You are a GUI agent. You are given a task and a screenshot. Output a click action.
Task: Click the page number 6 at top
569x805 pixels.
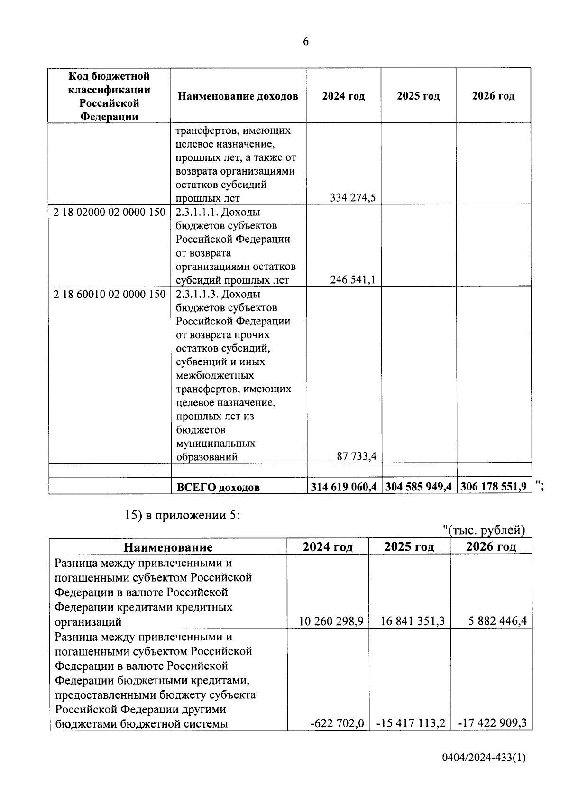305,42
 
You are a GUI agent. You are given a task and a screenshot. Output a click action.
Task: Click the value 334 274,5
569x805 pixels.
353,198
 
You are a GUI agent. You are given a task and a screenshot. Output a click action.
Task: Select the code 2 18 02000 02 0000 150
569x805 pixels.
110,212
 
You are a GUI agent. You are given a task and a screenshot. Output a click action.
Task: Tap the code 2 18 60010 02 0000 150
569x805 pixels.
110,294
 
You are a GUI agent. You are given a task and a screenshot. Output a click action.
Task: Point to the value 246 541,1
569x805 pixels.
353,280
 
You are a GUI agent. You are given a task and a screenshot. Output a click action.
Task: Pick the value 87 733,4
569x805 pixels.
356,457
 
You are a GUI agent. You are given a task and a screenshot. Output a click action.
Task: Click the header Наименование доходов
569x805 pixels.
238,96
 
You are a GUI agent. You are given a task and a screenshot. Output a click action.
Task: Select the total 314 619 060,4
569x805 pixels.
344,487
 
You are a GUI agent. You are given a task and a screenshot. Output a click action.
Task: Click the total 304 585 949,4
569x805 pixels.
419,487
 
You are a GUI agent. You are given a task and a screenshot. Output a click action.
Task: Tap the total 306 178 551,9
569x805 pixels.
493,487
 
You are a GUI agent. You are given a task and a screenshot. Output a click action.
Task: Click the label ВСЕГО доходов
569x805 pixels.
218,487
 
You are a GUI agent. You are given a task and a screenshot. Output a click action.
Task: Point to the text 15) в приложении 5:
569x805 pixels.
183,515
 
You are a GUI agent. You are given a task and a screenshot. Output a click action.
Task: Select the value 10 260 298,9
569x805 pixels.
331,621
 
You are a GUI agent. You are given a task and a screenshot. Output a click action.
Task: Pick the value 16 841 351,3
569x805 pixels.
413,621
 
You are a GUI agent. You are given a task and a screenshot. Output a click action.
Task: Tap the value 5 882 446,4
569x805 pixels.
497,621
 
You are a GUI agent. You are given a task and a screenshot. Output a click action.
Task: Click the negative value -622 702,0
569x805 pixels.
337,723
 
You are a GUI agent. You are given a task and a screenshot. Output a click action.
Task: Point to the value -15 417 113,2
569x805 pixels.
411,723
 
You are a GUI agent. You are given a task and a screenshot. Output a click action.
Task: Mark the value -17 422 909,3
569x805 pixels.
493,723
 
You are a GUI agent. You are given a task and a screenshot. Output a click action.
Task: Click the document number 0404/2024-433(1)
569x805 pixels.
484,772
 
